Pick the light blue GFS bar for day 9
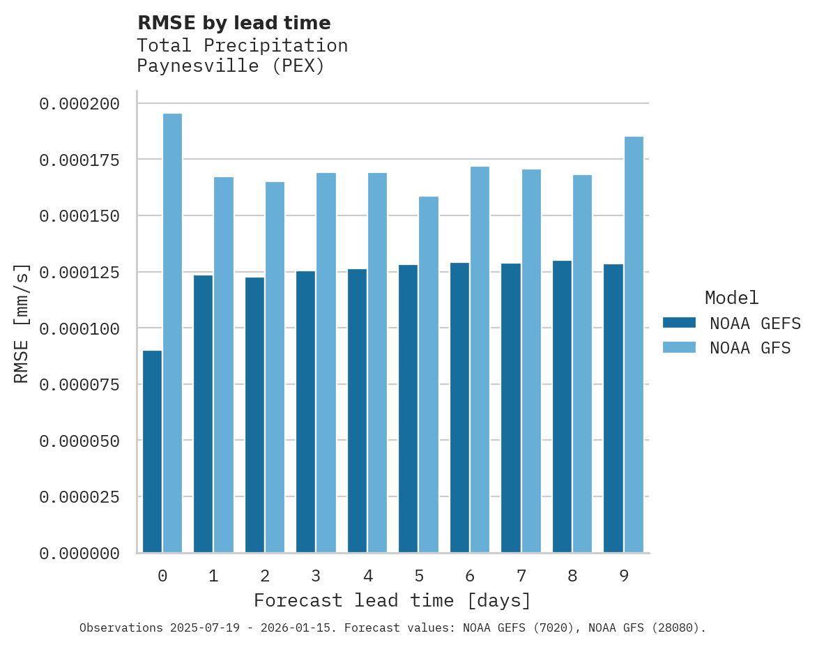coord(634,344)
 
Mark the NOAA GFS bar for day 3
coord(326,363)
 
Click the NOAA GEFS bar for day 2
coord(254,415)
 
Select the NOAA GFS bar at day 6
coord(480,360)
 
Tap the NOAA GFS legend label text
coord(750,347)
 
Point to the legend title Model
coord(731,298)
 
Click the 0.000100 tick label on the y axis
coord(79,328)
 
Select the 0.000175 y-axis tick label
coord(79,160)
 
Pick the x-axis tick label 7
coord(521,576)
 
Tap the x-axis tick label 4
coord(367,576)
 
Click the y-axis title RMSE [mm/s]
coord(22,323)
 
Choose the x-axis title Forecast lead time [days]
coord(392,600)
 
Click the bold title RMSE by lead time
coord(234,23)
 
